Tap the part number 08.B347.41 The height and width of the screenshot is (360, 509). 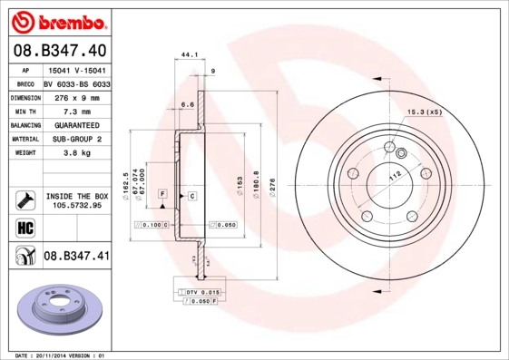[76, 257]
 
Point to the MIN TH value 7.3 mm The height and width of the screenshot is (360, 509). [76, 111]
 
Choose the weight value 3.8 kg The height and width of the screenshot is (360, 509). [76, 153]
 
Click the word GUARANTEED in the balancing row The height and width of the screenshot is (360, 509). [76, 124]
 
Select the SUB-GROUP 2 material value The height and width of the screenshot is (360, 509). [76, 139]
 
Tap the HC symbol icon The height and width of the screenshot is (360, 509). [24, 227]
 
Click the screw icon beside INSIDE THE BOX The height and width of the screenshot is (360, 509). [24, 199]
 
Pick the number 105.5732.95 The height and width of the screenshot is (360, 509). [76, 206]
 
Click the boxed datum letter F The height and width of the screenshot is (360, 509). [162, 195]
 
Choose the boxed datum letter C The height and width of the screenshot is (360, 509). [192, 195]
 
